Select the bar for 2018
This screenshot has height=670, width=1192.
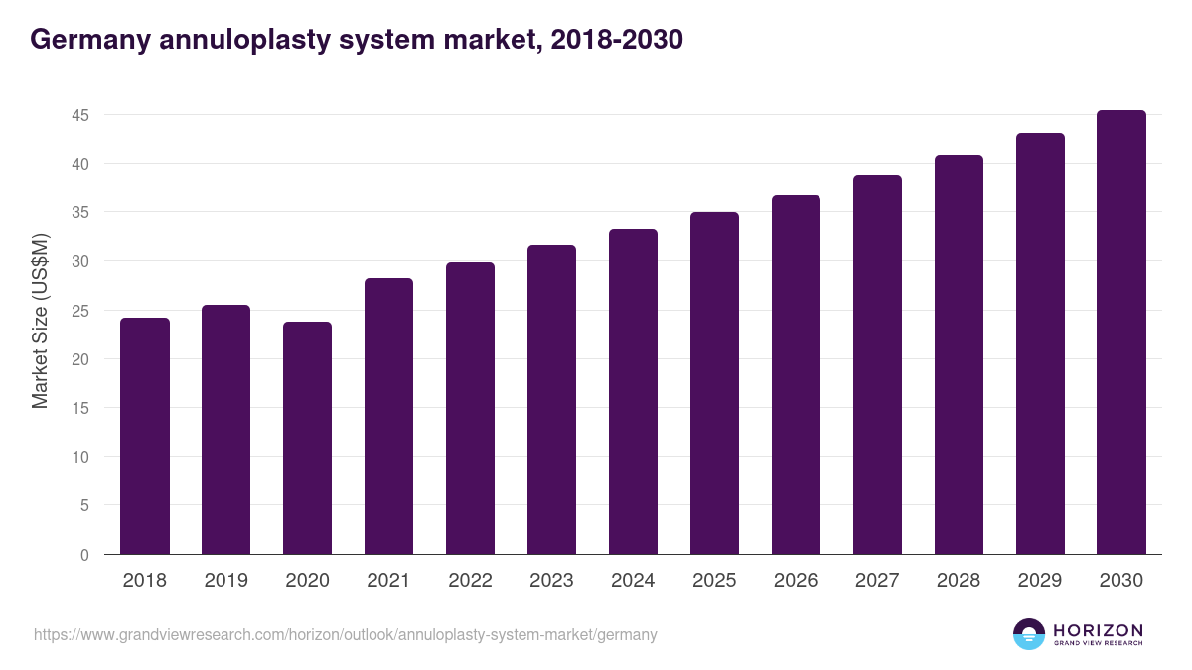point(145,437)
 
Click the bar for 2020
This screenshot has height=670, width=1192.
point(308,439)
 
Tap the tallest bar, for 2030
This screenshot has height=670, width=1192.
point(1121,333)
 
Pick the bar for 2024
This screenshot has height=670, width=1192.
point(633,392)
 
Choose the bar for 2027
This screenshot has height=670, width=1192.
point(877,365)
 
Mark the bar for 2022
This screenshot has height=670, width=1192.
point(470,408)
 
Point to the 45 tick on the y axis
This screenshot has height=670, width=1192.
point(80,115)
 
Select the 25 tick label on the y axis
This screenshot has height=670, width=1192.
point(80,311)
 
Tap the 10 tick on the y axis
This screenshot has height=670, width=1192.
point(80,457)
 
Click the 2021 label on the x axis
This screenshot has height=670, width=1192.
point(388,581)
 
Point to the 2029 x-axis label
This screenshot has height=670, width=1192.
point(1040,581)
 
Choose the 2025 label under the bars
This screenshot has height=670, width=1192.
point(714,581)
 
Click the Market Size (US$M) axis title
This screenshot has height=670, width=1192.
point(40,321)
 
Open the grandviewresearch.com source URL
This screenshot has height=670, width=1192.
point(346,634)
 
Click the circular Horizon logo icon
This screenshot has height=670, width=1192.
point(1029,634)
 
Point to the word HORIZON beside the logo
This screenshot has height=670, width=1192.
point(1098,630)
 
